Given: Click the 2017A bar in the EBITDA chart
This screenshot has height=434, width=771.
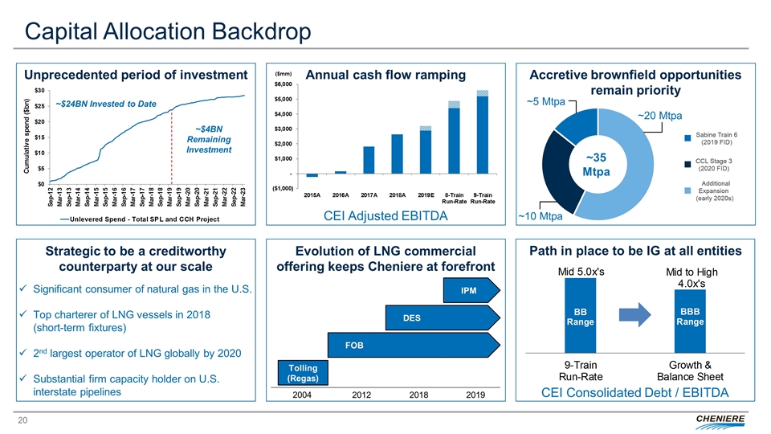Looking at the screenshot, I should pyautogui.click(x=369, y=160).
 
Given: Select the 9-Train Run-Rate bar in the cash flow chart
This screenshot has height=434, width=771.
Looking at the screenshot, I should pyautogui.click(x=482, y=135).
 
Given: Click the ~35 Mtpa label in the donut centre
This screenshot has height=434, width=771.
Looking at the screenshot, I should pyautogui.click(x=597, y=165).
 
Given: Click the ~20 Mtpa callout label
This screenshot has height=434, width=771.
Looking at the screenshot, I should pyautogui.click(x=659, y=116).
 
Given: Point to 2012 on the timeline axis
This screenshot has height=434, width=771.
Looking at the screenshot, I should pyautogui.click(x=360, y=395).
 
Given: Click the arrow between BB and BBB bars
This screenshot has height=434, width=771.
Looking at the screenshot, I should pyautogui.click(x=635, y=316).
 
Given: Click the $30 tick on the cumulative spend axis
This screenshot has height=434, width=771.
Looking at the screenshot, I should pyautogui.click(x=39, y=91).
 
